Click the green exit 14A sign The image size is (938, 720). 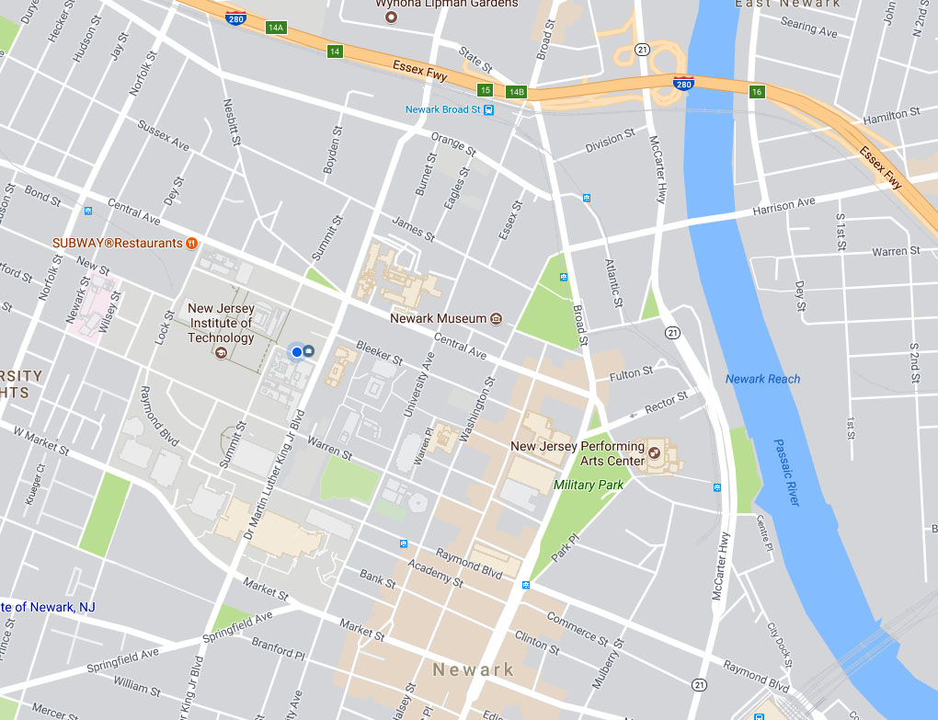click(275, 28)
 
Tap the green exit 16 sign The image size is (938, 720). click(757, 92)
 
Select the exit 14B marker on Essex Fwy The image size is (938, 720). click(516, 91)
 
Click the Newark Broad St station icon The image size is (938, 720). click(489, 109)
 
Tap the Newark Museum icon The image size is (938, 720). click(496, 318)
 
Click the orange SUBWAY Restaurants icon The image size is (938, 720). click(191, 244)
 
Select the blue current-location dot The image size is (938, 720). click(297, 351)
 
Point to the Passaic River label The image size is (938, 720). click(787, 471)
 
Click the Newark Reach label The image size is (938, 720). click(762, 379)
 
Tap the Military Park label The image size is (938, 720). click(589, 485)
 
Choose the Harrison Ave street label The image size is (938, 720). click(784, 207)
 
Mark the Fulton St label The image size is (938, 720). click(631, 372)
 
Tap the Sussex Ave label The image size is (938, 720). click(163, 135)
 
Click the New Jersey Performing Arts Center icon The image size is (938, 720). click(654, 451)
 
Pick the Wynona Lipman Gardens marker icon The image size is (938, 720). click(391, 17)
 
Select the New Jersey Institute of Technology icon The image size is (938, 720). click(220, 353)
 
